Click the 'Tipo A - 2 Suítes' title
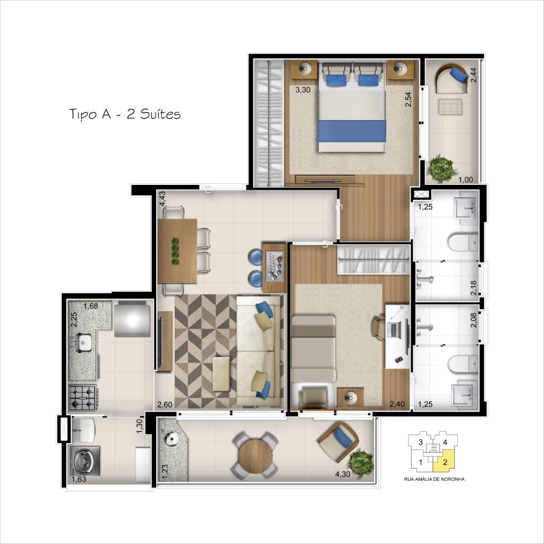(125, 114)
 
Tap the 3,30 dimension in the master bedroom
(302, 90)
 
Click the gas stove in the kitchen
(83, 397)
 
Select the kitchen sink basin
(82, 343)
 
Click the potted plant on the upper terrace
(443, 167)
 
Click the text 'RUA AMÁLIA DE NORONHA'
(434, 479)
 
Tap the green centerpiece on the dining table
(175, 251)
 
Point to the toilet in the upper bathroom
(463, 242)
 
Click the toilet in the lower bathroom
(463, 364)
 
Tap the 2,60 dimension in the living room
(165, 404)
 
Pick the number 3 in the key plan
(421, 442)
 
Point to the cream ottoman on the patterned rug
(222, 375)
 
